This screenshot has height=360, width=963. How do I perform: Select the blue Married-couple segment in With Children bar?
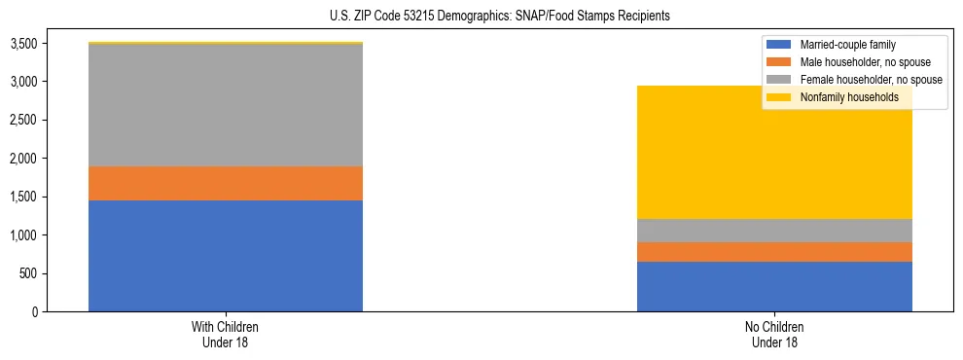pos(226,256)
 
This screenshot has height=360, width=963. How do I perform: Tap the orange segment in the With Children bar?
pos(226,183)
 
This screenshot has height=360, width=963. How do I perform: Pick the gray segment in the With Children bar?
pos(226,105)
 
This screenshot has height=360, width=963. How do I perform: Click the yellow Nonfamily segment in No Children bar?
pos(774,152)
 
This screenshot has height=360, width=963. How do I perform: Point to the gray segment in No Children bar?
pos(774,231)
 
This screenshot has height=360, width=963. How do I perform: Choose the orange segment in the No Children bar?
pos(774,252)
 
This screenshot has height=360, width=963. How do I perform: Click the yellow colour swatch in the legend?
pos(780,97)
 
